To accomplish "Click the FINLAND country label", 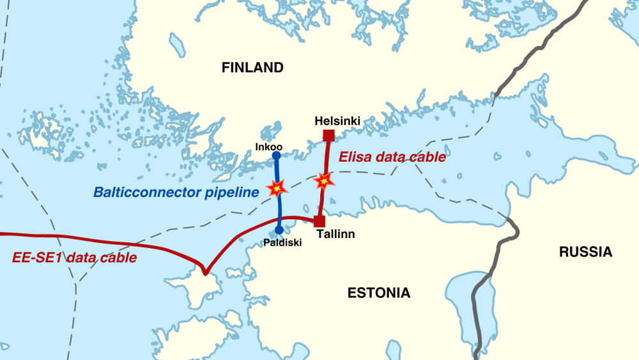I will click(x=252, y=68).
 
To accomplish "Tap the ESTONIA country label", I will click(x=378, y=293).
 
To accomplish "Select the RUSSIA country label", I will click(x=585, y=252).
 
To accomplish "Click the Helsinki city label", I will click(x=338, y=121).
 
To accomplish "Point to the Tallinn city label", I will click(x=335, y=235).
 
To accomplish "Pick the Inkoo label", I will click(x=269, y=147).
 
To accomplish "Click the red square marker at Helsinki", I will click(x=329, y=135).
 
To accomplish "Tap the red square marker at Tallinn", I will click(x=319, y=221).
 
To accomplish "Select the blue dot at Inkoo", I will click(x=276, y=155).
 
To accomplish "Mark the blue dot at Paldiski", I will click(x=279, y=230).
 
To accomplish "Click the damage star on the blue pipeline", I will click(x=277, y=187).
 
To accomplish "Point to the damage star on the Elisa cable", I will click(x=324, y=181).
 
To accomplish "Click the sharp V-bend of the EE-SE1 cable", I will click(x=204, y=272).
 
